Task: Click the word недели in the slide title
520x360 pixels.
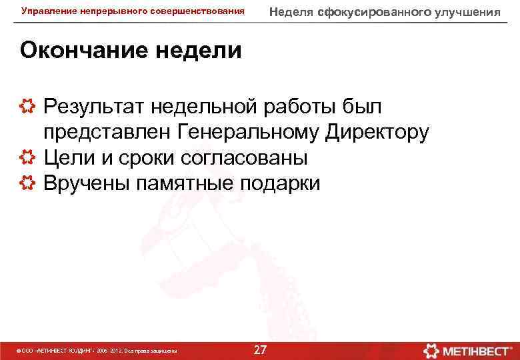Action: (198, 51)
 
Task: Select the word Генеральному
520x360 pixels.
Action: (249, 132)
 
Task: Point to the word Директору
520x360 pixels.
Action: (377, 132)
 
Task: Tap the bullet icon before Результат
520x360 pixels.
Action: (28, 106)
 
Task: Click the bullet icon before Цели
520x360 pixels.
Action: (28, 157)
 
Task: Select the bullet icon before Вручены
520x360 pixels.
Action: (28, 183)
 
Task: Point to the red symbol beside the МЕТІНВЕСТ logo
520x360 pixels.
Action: (431, 349)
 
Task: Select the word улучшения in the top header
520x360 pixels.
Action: (469, 12)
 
